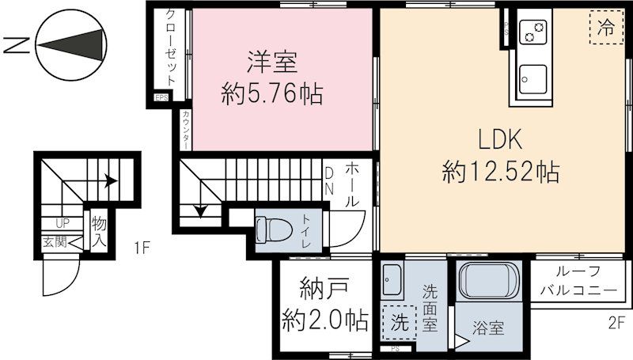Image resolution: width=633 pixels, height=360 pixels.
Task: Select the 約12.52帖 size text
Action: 501,170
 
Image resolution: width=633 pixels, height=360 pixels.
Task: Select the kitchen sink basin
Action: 533,79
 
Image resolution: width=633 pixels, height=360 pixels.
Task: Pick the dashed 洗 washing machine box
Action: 400,323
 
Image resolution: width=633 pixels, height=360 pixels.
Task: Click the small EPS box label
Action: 161,98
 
